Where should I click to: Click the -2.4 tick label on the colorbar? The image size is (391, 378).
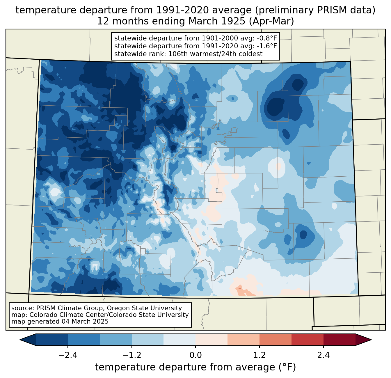(x=68, y=355)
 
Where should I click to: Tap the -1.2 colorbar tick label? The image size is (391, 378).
(x=132, y=355)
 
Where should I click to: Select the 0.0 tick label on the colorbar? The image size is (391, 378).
(x=195, y=355)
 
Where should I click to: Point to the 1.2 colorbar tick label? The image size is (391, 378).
(x=260, y=355)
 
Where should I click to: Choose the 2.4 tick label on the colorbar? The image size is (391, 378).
(x=323, y=355)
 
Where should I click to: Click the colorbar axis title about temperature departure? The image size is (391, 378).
(x=195, y=367)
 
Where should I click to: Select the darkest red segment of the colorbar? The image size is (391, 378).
(x=339, y=340)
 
